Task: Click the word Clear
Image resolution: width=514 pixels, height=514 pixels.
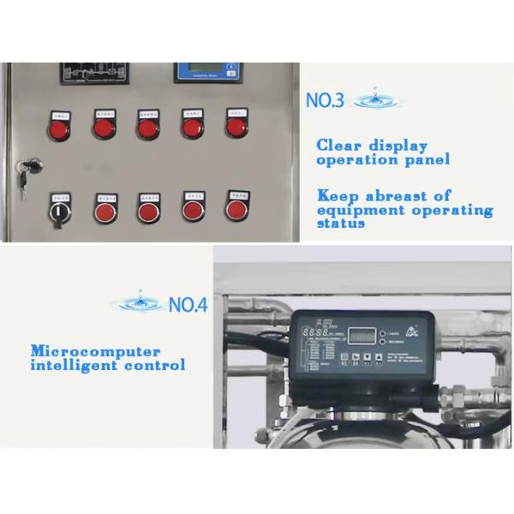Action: tap(339, 145)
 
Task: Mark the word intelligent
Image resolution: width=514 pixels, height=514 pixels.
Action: tap(75, 365)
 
